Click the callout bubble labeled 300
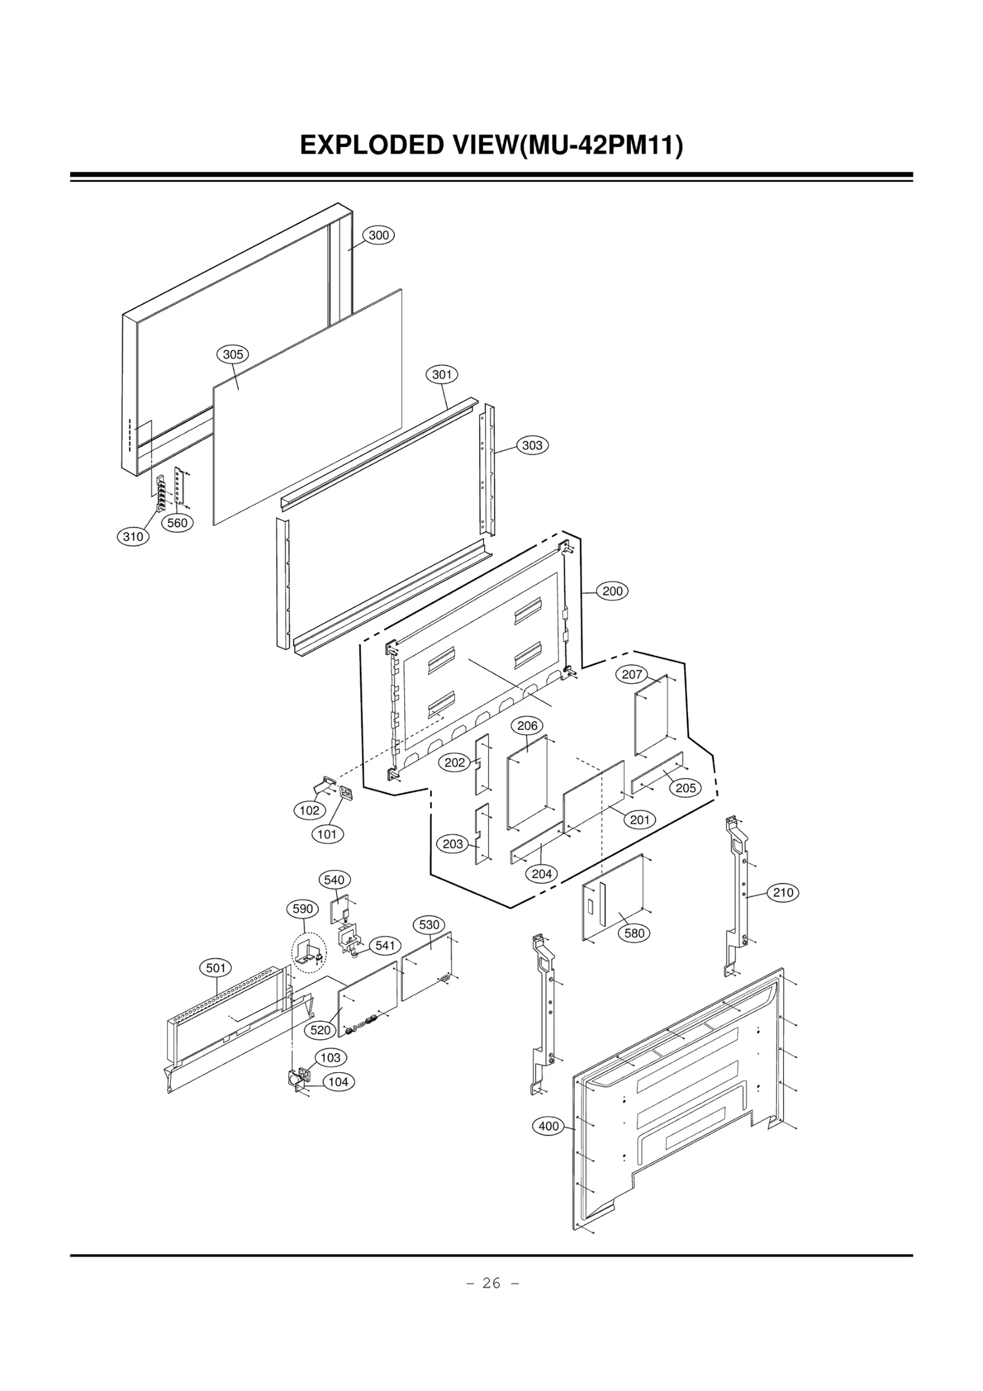(378, 235)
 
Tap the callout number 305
(233, 355)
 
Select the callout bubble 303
(532, 445)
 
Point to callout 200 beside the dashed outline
(613, 591)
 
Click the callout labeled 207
(632, 674)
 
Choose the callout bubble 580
(634, 933)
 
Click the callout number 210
(783, 892)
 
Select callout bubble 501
(216, 968)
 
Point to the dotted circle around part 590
(309, 953)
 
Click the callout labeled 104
(339, 1082)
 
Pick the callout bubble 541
(385, 946)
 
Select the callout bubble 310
(133, 536)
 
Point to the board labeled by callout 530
(426, 966)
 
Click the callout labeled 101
(327, 834)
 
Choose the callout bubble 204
(541, 874)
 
